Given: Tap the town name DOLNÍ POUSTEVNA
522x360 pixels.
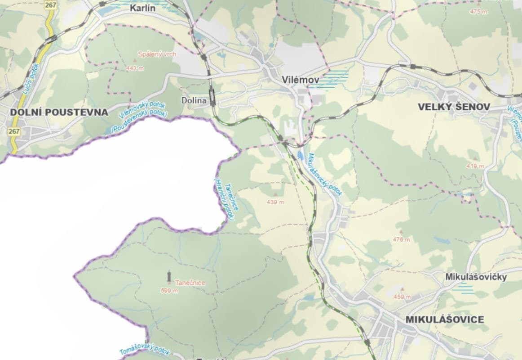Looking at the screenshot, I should click(x=59, y=112).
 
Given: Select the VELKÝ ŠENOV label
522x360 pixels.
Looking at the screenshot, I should click(x=454, y=107).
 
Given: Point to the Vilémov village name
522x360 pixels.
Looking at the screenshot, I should click(x=301, y=80).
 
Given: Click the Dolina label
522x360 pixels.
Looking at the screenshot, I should click(x=194, y=100).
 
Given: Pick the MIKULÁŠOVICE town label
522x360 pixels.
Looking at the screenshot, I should click(x=445, y=319).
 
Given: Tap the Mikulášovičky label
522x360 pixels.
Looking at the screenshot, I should click(x=476, y=277).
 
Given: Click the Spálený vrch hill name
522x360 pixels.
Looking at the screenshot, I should click(x=157, y=54).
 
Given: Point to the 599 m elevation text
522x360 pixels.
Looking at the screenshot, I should click(x=169, y=291).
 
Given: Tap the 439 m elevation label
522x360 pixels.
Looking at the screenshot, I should click(x=275, y=202).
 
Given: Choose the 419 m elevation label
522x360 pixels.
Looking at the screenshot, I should click(x=475, y=166).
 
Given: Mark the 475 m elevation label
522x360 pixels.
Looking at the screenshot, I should click(x=478, y=12).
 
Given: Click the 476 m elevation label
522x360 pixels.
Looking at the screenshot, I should click(x=401, y=239).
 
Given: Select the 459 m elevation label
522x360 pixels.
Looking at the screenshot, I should click(x=402, y=297).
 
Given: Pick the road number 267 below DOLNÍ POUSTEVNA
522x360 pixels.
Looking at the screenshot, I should click(x=14, y=131).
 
